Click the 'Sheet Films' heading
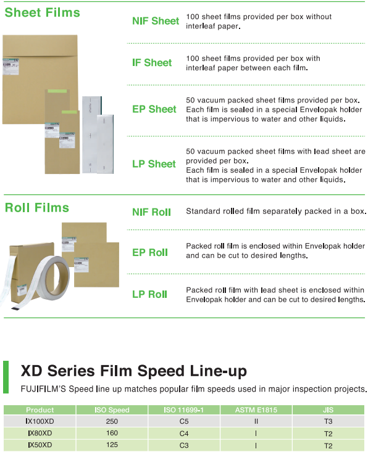[x=43, y=12]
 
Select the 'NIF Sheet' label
[x=156, y=21]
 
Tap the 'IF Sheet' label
[x=152, y=63]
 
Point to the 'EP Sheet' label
[x=154, y=109]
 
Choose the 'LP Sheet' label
[x=154, y=164]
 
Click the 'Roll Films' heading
[x=37, y=208]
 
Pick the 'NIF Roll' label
[x=151, y=212]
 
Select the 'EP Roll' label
[x=150, y=252]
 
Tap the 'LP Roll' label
[x=149, y=294]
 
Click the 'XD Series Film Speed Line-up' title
[x=134, y=371]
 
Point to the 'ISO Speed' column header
[x=112, y=410]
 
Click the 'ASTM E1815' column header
[x=256, y=410]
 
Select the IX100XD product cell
[x=40, y=421]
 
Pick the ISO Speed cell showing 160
[x=112, y=433]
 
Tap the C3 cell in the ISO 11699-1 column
[x=184, y=445]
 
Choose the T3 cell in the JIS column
[x=328, y=421]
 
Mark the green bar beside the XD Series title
[x=6, y=377]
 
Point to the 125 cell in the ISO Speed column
[x=112, y=445]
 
